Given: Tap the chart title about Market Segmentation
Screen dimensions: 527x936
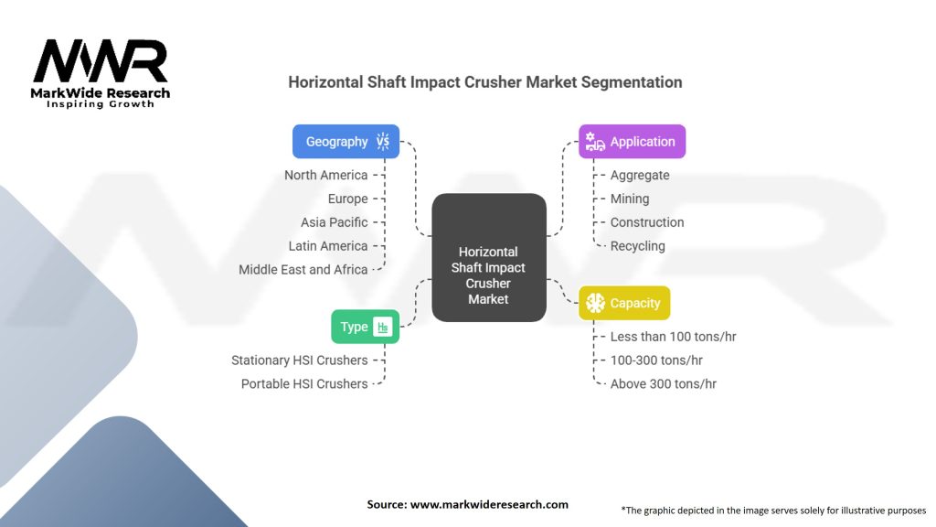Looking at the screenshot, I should (x=484, y=82).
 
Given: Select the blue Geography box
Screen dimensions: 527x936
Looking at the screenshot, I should (x=346, y=142).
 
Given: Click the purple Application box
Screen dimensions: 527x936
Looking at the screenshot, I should (x=632, y=142).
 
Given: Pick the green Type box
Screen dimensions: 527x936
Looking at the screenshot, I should (x=365, y=327).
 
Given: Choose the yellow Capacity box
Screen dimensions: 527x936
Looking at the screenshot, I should (x=624, y=303).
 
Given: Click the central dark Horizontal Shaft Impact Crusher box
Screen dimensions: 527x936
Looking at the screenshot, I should (x=488, y=258).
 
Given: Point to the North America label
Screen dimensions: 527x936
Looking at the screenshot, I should (x=325, y=175).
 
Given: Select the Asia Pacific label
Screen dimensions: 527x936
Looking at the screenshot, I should (x=334, y=222).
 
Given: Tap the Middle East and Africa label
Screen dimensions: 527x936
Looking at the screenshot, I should (x=303, y=270).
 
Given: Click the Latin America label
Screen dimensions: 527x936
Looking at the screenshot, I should (x=327, y=246).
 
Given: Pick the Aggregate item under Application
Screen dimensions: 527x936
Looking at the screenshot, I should (x=640, y=175).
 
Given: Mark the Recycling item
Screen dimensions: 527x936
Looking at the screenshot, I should (x=637, y=246).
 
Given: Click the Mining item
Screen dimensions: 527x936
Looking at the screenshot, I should (x=630, y=199).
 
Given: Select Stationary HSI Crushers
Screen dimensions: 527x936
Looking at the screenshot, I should (x=299, y=360).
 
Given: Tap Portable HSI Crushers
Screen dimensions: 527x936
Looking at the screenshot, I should (x=303, y=384).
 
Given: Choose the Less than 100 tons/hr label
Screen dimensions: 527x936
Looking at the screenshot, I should (x=673, y=337).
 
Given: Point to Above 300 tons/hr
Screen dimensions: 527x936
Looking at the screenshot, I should (x=663, y=384).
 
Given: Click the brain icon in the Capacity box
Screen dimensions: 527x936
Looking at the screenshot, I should (x=596, y=303).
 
